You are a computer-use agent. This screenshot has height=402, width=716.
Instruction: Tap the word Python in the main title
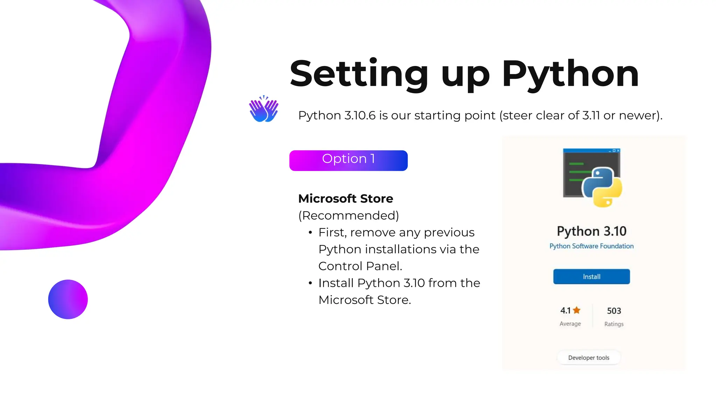coord(570,74)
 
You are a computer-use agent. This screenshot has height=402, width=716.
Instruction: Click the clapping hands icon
coord(264,109)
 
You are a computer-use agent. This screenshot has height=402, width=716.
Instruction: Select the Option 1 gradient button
coord(348,160)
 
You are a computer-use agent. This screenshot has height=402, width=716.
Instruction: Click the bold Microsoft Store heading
coord(345,199)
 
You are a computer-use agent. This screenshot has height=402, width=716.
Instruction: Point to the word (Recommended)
coord(349,216)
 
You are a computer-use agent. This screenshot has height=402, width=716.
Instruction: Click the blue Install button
coord(591,277)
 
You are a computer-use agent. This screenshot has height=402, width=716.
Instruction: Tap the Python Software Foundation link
coord(591,246)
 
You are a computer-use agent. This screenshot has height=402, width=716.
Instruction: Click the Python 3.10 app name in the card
coord(591,231)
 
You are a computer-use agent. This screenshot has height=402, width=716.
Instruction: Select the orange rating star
coord(577,310)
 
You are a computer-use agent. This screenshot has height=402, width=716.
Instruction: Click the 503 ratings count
coord(614,311)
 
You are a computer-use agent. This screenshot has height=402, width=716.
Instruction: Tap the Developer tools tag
coord(588,358)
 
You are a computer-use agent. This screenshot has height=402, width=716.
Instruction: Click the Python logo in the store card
coord(602,187)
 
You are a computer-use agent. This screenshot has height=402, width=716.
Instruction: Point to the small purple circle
coord(68,299)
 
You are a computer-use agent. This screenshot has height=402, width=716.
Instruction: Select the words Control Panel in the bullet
coord(360,266)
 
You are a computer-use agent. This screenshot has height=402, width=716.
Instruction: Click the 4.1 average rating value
coord(565,311)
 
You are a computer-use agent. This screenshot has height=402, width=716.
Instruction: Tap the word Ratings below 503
coord(614,324)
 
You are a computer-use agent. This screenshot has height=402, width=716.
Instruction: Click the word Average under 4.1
coord(570,324)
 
